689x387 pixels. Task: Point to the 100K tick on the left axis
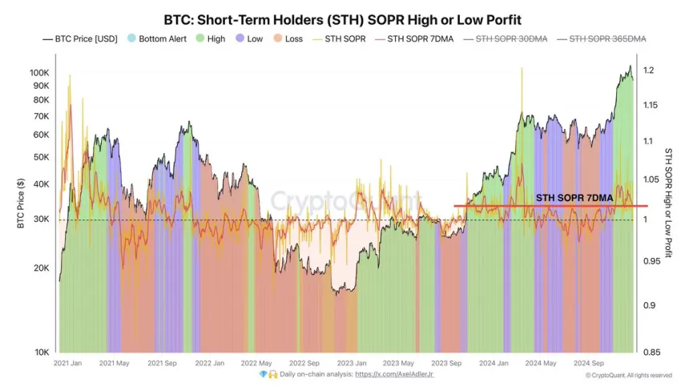point(38,72)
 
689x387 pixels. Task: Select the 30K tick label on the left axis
point(41,220)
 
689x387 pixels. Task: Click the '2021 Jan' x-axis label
point(67,363)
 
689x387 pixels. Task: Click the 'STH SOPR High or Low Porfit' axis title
point(669,202)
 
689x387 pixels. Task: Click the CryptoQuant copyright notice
point(628,375)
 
